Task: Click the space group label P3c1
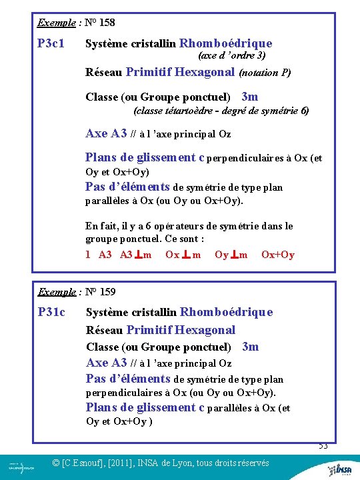point(51,43)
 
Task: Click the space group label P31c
point(51,311)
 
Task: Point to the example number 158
point(105,23)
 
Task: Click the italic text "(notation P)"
point(265,72)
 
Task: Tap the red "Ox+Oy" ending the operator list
point(277,254)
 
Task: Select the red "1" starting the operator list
point(88,254)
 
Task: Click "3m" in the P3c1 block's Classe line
point(249,97)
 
